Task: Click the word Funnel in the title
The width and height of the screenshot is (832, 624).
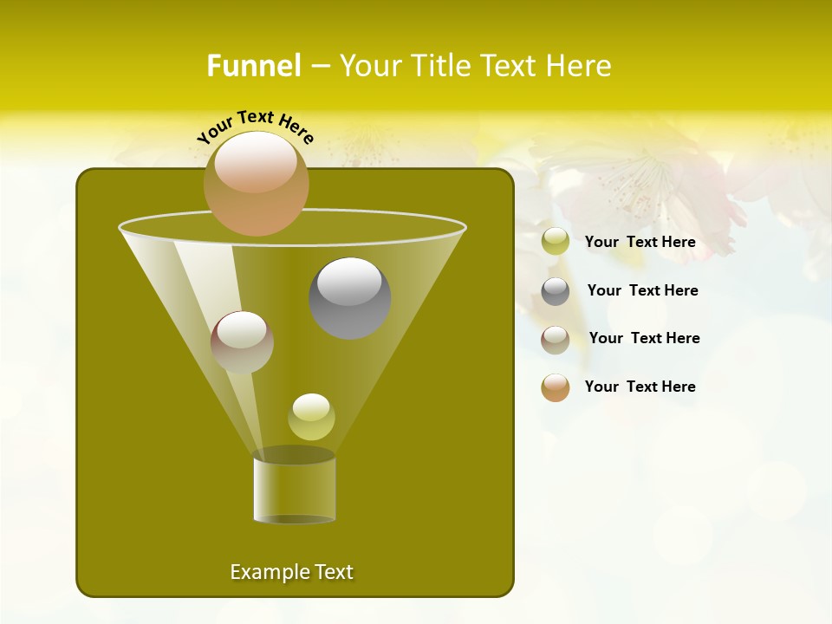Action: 253,66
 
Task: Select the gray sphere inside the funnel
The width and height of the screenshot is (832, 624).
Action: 350,298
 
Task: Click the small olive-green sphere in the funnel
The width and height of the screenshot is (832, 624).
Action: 311,417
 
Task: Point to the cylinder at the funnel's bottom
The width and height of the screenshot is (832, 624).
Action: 294,490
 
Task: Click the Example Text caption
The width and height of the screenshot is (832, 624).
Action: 291,572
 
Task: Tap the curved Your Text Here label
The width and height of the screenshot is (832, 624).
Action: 255,127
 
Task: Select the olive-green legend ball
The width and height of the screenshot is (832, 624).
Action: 556,242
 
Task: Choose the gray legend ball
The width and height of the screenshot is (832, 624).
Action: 556,291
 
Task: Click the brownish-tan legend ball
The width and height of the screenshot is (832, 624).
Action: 556,339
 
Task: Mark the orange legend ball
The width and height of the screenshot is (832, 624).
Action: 556,387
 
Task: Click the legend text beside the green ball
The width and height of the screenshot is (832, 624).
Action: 640,242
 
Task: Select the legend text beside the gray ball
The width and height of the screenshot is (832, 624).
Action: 642,290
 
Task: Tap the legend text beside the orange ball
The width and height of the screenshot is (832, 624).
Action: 640,387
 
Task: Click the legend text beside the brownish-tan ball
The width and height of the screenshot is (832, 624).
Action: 644,338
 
